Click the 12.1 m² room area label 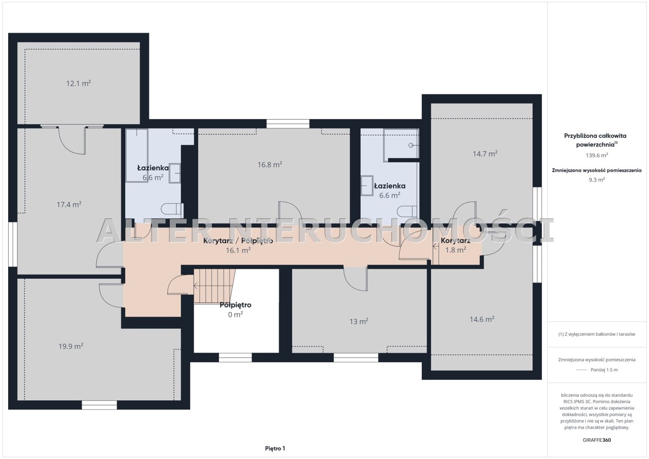coord(79,84)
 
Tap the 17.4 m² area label coord(69,205)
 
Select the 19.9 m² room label coord(71,346)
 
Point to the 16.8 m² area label coord(270,164)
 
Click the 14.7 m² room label coord(485,154)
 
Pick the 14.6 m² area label coord(482,319)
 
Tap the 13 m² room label coord(359,321)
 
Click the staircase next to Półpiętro coord(214,286)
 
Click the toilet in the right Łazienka coord(407,212)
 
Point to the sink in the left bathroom coord(175,173)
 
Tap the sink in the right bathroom coord(367,185)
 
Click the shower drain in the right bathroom coord(411,145)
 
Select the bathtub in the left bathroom coord(137,156)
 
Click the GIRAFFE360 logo coord(597,440)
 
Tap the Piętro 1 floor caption coord(275,448)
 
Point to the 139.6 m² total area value coord(597,155)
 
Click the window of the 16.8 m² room coord(288,124)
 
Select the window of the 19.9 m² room coord(99,405)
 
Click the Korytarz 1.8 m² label coord(456,245)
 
